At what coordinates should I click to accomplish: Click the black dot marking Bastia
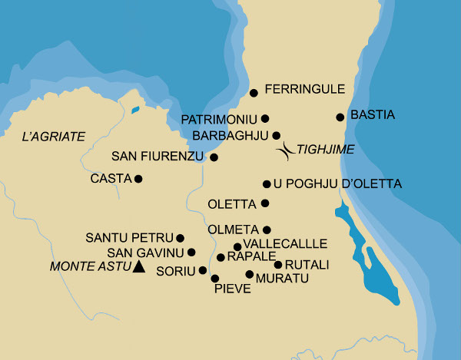(x=340, y=117)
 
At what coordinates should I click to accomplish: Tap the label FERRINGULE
(x=305, y=90)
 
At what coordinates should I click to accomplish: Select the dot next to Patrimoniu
(x=265, y=119)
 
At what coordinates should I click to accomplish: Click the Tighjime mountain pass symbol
(x=286, y=150)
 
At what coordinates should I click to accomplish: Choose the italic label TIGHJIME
(x=325, y=150)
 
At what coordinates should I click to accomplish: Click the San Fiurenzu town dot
(x=214, y=157)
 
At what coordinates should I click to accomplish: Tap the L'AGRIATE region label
(x=53, y=137)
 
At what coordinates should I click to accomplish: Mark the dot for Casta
(x=138, y=179)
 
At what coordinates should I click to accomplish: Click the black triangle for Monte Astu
(x=138, y=267)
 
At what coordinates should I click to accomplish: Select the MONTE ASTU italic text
(x=88, y=267)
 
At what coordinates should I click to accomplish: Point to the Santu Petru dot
(x=181, y=238)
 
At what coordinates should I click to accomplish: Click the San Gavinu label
(x=145, y=253)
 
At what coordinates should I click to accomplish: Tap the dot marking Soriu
(x=203, y=270)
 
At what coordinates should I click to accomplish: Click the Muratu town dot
(x=249, y=274)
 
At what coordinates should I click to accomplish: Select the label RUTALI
(x=307, y=265)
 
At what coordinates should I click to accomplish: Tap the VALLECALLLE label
(x=285, y=244)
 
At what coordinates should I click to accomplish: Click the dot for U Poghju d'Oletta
(x=267, y=184)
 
